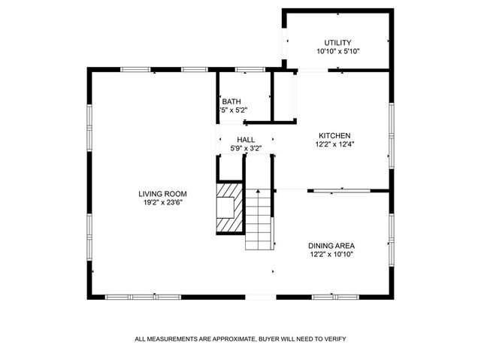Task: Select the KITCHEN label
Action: click(334, 135)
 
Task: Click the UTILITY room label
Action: click(337, 42)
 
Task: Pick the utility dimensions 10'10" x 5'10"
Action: click(337, 52)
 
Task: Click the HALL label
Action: click(246, 140)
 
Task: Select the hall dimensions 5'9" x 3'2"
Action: click(246, 149)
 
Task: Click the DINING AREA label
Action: click(331, 245)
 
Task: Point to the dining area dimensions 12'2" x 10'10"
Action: click(331, 254)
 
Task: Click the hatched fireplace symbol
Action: click(230, 210)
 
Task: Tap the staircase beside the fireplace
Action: click(258, 219)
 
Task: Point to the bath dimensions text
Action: click(233, 110)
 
